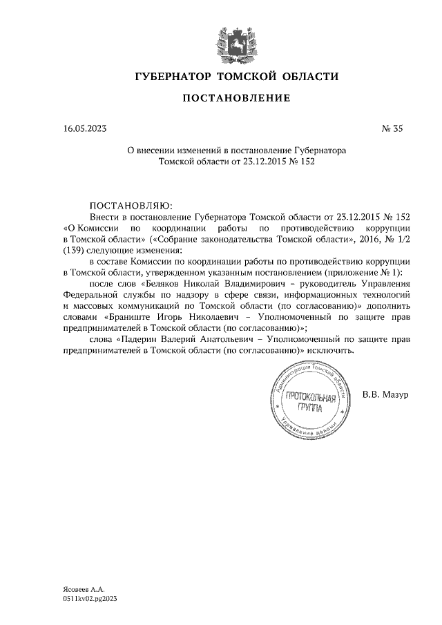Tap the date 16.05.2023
[x=85, y=128]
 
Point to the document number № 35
[x=392, y=128]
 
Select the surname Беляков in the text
[x=164, y=283]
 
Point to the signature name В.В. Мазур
[x=385, y=394]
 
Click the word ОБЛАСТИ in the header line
[x=307, y=76]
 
